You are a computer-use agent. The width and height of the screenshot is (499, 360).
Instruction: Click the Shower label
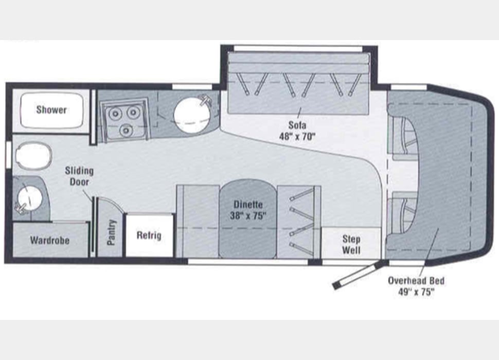51,110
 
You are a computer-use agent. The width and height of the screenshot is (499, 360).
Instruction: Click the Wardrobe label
49,240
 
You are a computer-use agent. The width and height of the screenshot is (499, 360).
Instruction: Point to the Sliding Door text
79,176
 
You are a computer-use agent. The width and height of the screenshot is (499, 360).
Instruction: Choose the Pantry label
112,232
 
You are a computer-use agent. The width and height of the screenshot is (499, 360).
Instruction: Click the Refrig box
149,236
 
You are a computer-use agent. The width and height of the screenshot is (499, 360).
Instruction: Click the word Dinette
248,205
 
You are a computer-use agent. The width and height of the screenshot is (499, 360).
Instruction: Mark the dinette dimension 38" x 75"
248,216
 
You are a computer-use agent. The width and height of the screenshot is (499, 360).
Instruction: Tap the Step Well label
351,245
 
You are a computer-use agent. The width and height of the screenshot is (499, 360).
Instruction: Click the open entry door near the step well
358,275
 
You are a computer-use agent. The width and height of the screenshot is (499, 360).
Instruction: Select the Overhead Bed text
416,281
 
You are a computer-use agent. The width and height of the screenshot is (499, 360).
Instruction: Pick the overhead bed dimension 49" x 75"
416,292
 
